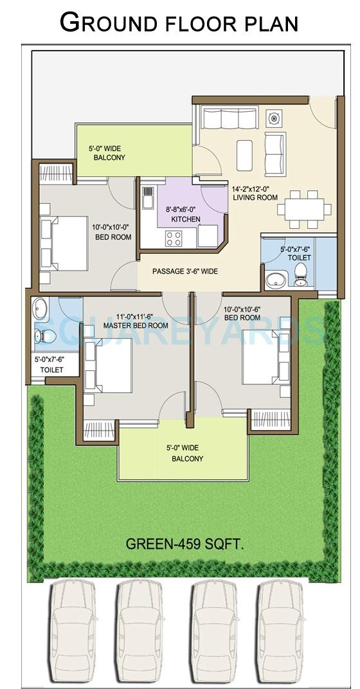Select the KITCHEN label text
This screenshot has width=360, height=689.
[185, 219]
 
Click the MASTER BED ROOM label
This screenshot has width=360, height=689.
[136, 326]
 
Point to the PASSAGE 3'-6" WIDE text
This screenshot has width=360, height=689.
[184, 271]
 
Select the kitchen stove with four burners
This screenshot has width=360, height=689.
[174, 238]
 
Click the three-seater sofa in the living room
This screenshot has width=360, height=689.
[222, 119]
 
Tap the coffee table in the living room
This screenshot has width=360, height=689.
[244, 154]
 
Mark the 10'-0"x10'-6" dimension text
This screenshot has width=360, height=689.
[242, 309]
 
